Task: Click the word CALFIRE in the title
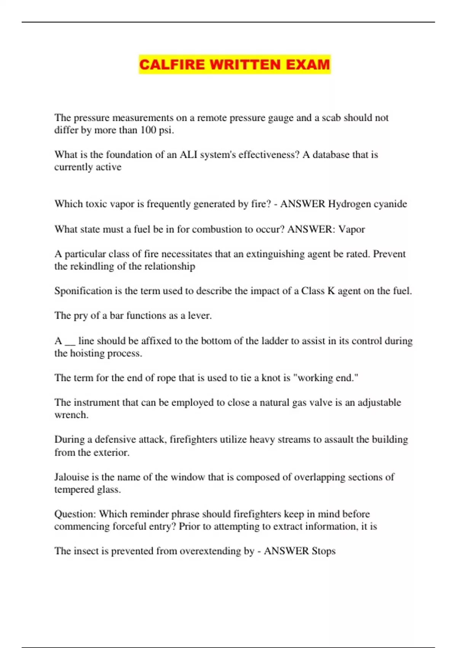click(x=172, y=64)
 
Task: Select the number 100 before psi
click(x=149, y=130)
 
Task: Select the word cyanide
click(x=390, y=204)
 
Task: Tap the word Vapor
click(x=352, y=229)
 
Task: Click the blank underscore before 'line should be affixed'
click(x=70, y=342)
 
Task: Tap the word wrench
click(x=71, y=415)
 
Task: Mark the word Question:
click(x=75, y=514)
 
